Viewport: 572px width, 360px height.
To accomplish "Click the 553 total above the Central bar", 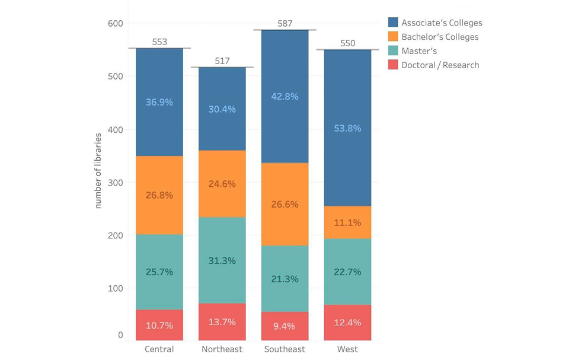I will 159,42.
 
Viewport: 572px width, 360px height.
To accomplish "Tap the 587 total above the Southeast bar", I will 285,24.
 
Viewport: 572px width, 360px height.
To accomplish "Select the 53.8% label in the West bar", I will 347,128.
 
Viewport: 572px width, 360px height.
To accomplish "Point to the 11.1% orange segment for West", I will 347,223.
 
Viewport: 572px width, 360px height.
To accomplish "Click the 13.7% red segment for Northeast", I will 222,322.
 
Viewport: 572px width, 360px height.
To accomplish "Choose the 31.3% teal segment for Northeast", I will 222,261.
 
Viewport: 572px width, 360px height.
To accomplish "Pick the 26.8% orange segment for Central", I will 159,196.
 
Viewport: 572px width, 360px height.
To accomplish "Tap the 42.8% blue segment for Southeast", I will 285,97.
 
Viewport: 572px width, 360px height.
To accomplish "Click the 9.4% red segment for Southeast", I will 285,326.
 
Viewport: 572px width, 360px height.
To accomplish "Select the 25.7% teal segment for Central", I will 159,272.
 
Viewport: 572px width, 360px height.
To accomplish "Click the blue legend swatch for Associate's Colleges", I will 393,23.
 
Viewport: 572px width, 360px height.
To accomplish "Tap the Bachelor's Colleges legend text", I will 440,37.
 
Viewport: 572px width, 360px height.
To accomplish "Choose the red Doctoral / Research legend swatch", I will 393,65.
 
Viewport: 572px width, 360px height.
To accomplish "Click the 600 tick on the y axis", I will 115,24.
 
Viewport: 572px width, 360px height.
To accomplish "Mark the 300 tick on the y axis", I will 115,183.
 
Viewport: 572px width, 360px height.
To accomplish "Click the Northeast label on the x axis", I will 222,349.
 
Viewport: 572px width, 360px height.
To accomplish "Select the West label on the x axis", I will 347,349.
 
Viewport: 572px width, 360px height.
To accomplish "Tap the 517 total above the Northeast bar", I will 222,61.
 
